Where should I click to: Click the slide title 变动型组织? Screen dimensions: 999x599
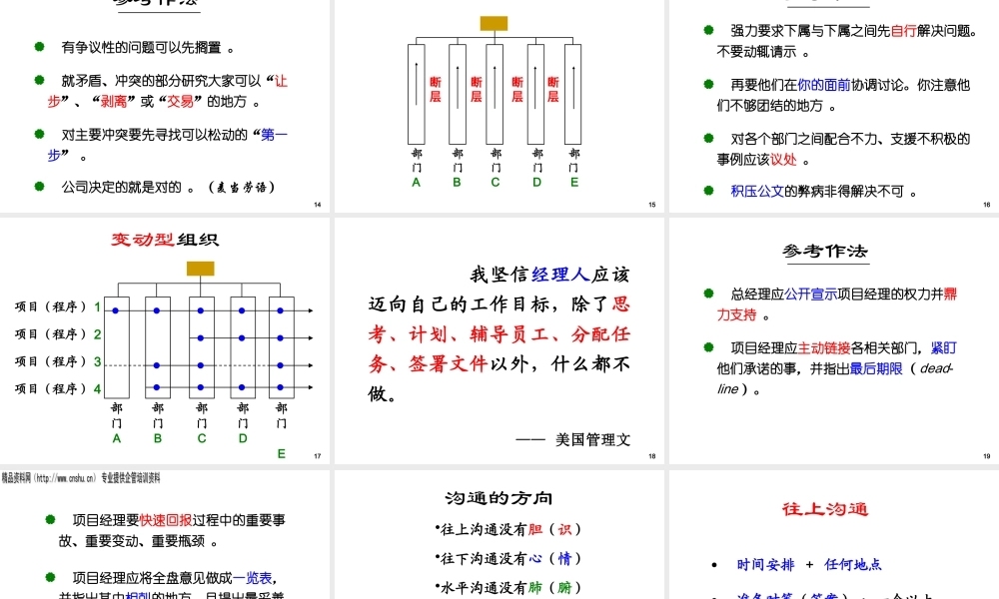(164, 240)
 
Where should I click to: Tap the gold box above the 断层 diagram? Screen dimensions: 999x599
(494, 23)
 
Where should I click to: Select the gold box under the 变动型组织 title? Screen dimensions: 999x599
(200, 268)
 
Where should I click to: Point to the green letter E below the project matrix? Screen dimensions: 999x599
(282, 453)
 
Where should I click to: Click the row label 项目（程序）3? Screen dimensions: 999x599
(58, 361)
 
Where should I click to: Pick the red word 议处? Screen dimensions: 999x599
(783, 159)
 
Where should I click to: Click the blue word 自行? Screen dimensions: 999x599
(904, 31)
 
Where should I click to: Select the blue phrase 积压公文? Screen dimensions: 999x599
(757, 191)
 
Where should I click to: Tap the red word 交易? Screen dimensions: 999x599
(180, 101)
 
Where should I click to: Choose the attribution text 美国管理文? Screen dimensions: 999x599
(593, 439)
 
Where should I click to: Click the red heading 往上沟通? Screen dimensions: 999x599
(825, 509)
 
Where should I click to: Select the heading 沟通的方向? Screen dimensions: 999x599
(499, 498)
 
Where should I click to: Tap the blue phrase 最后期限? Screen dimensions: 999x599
(876, 369)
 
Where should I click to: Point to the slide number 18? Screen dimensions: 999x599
(651, 457)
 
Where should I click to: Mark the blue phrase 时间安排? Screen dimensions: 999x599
(765, 564)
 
